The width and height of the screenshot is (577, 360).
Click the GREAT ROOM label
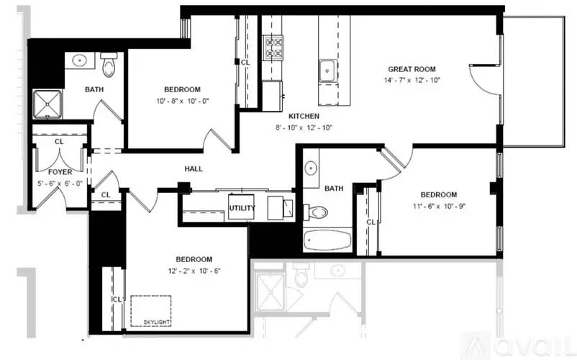pos(412,69)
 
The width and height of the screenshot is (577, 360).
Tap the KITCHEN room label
pos(304,117)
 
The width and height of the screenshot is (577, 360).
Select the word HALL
pos(194,169)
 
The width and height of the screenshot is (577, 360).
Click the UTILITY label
pos(242,208)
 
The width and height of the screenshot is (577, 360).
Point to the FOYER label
pos(60,172)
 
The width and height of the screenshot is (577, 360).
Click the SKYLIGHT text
pos(157,322)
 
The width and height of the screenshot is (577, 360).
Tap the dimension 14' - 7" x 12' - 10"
pos(412,80)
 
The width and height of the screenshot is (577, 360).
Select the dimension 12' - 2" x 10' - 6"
pos(194,271)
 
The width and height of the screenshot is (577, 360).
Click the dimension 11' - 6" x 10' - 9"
pos(439,206)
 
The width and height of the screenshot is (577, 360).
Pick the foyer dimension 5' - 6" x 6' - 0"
pos(60,184)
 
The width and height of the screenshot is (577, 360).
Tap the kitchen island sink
pos(327,71)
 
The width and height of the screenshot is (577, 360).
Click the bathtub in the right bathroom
pos(327,240)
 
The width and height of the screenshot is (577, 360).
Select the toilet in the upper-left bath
pos(109,64)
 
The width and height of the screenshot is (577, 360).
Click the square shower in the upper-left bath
pos(47,104)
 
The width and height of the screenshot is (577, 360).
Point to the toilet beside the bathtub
pos(316,212)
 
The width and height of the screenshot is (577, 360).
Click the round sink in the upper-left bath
pos(79,60)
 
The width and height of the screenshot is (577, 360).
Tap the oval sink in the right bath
pos(311,168)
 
